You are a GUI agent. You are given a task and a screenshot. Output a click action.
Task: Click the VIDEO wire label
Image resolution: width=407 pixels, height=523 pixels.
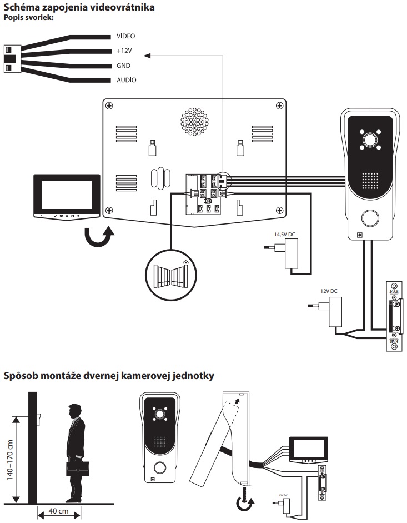[125, 36]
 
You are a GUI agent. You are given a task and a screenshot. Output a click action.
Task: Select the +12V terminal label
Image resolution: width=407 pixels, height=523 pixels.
[125, 51]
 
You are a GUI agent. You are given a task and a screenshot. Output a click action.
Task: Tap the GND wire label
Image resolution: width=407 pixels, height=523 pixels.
[123, 66]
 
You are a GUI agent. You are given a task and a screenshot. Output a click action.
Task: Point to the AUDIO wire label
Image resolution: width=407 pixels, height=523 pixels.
[126, 81]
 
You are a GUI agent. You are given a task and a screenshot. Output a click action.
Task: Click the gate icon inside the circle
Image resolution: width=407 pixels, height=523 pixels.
[170, 273]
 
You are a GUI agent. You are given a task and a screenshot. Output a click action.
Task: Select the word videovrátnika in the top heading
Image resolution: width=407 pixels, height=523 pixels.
[116, 7]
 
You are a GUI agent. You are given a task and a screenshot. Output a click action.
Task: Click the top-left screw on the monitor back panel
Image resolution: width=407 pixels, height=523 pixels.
[109, 106]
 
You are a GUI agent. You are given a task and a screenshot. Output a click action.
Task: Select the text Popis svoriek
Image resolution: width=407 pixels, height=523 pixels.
[28, 18]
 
